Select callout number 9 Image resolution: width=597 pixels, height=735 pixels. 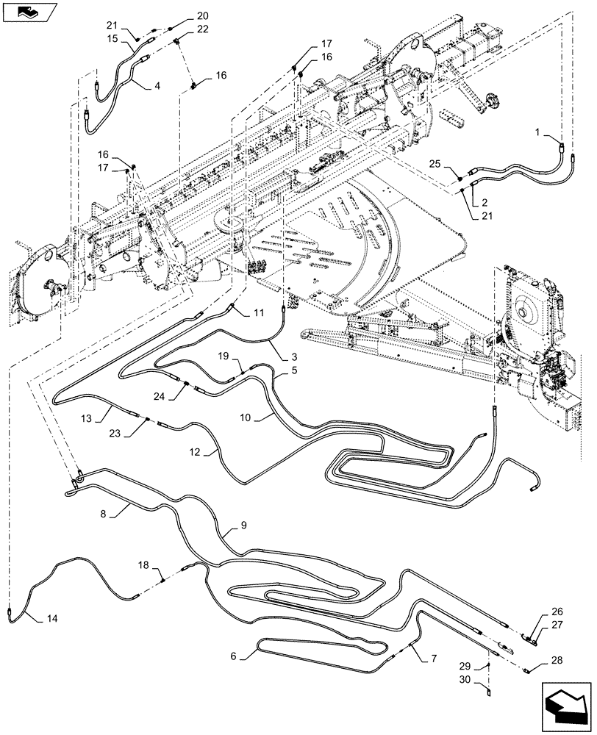tap(244, 526)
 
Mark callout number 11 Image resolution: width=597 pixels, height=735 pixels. tap(258, 313)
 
